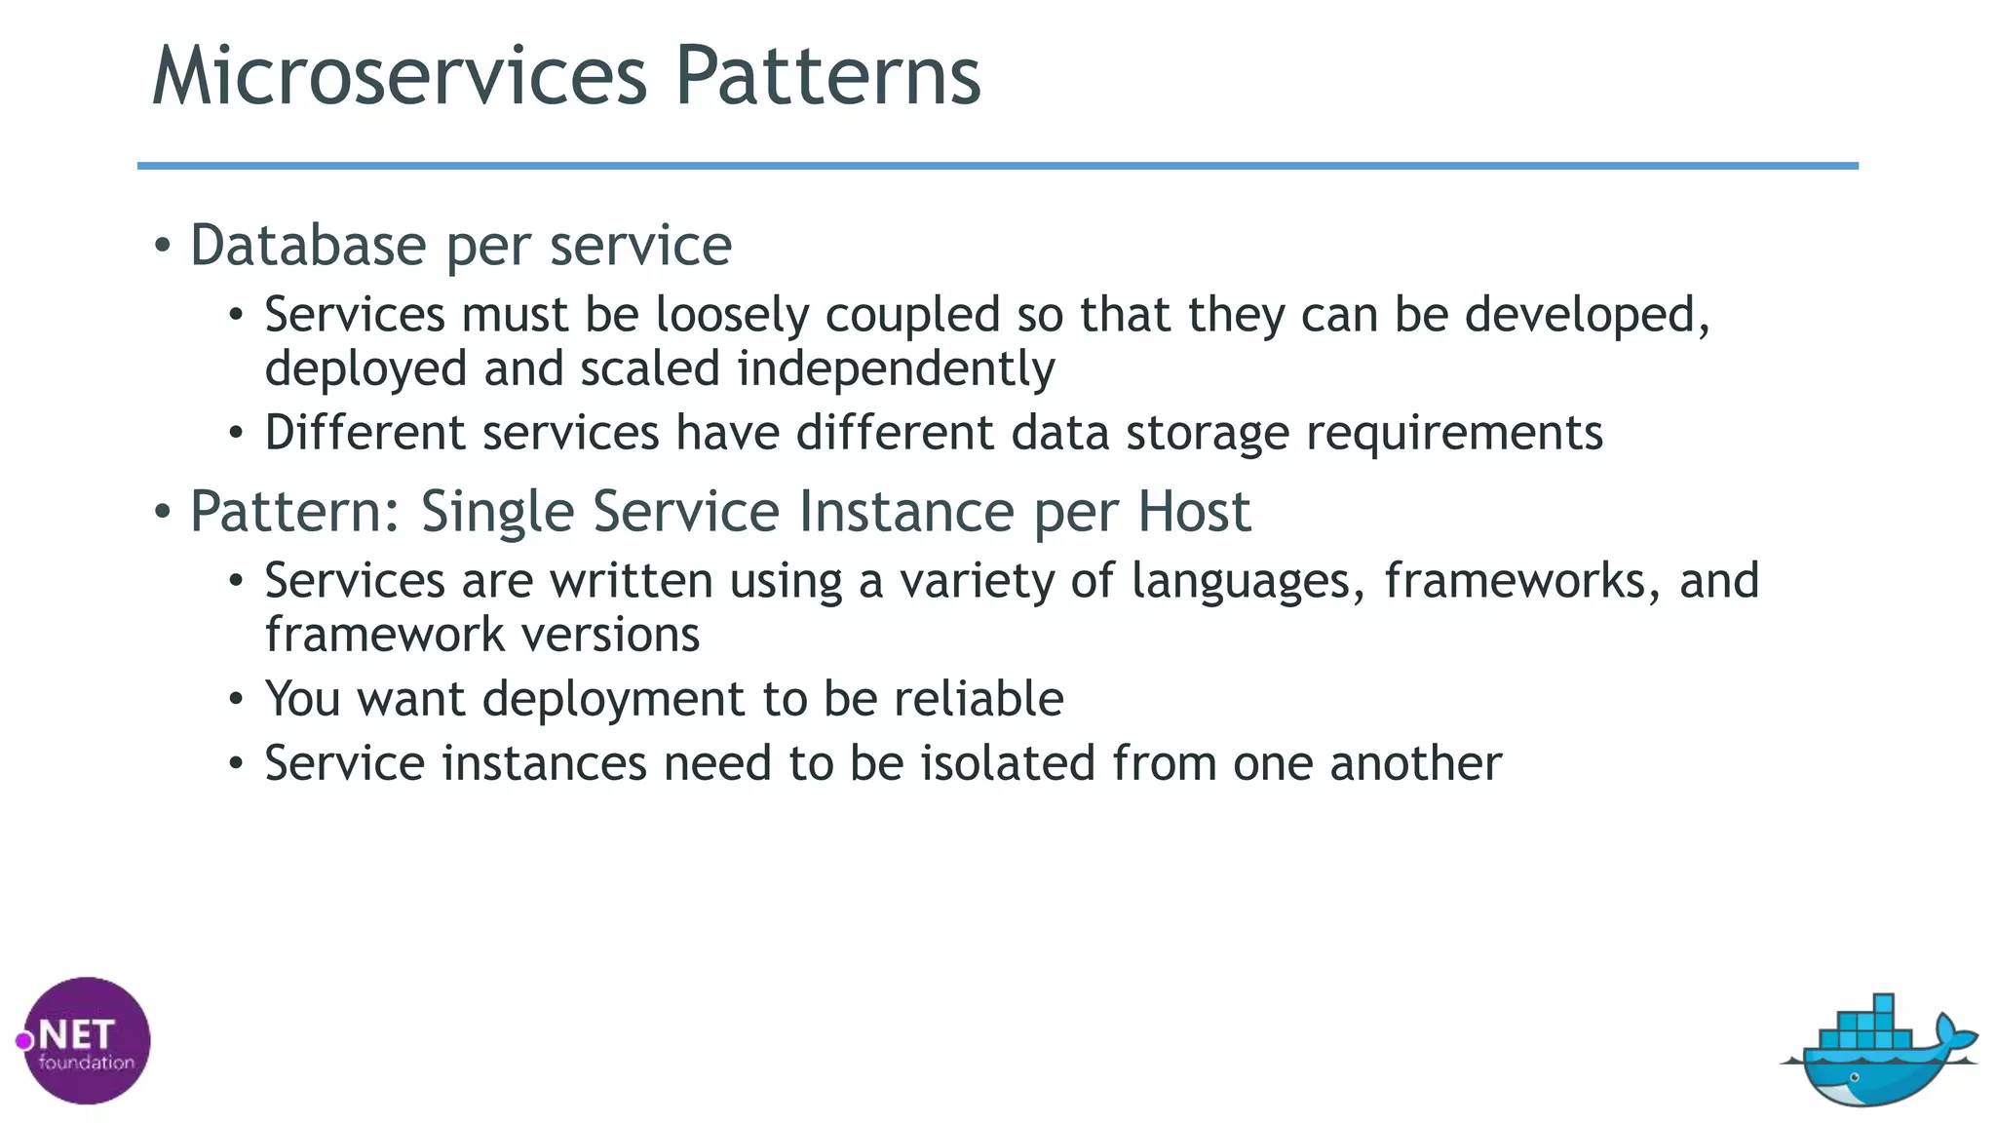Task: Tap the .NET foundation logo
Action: pos(86,1040)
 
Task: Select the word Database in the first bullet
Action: pos(308,245)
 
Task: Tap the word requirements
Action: pos(1454,433)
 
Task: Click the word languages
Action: pos(1247,582)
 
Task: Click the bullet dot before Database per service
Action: pos(163,246)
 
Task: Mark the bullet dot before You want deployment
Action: pos(236,700)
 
